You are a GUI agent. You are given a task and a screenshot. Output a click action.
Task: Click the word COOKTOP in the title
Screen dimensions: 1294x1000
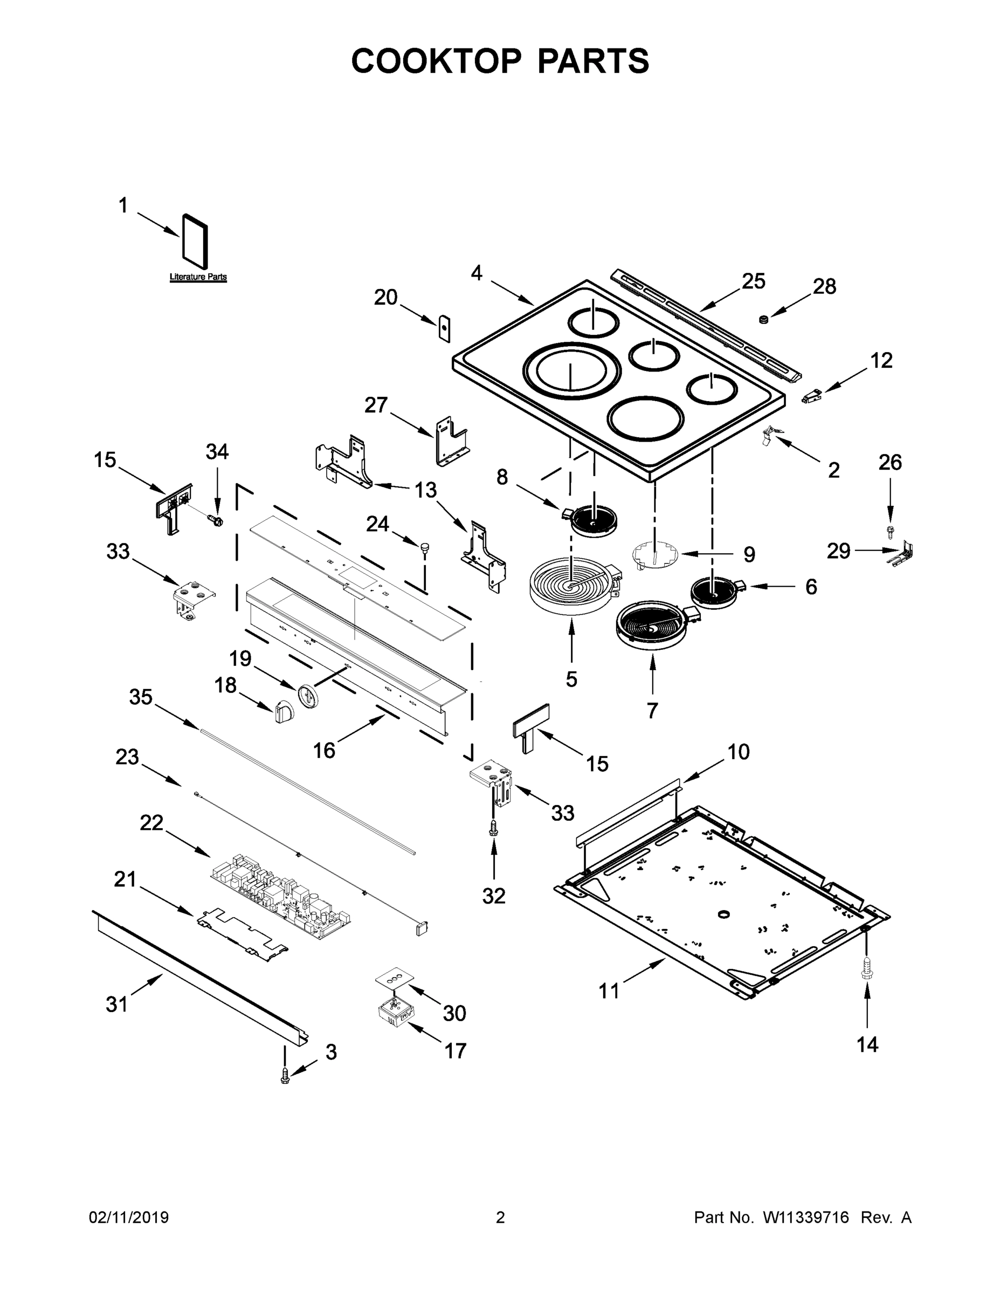(x=437, y=61)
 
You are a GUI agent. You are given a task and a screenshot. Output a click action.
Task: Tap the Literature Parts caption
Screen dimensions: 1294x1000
(x=198, y=277)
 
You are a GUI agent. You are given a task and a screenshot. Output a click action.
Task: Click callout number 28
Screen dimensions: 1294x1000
(x=824, y=287)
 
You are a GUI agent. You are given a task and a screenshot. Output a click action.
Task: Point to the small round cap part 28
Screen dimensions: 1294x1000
(x=764, y=319)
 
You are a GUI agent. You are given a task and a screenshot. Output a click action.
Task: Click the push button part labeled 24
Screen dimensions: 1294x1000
(x=424, y=548)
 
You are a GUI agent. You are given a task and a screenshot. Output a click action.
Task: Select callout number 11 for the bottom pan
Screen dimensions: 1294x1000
(x=609, y=990)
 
